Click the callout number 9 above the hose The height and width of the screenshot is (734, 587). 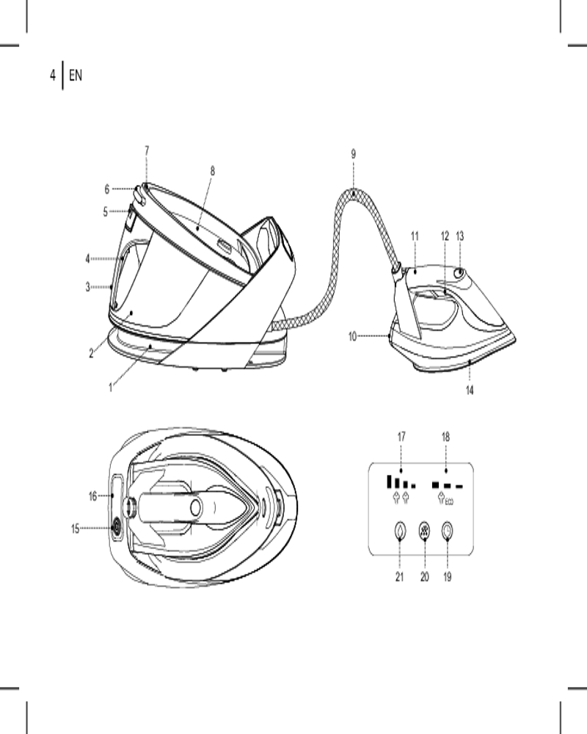click(x=354, y=154)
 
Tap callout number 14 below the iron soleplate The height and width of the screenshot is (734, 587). click(x=470, y=390)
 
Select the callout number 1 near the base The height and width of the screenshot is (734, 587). click(x=111, y=388)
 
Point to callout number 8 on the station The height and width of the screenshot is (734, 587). click(x=213, y=171)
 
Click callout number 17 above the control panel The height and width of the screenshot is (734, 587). click(x=401, y=437)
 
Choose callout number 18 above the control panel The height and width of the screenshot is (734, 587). click(x=445, y=437)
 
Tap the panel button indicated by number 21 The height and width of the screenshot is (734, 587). click(x=399, y=531)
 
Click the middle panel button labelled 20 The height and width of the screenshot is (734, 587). click(x=424, y=531)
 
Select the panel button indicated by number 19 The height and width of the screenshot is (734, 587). click(x=448, y=531)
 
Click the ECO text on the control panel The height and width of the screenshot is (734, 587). click(x=449, y=502)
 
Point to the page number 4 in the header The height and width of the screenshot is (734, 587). click(x=52, y=75)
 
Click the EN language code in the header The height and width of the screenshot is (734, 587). click(x=76, y=75)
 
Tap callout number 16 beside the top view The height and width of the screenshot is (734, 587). click(x=92, y=495)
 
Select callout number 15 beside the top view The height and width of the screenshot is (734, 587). click(x=76, y=529)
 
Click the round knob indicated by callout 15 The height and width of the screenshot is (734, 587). click(x=115, y=528)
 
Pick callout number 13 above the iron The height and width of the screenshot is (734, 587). click(x=459, y=236)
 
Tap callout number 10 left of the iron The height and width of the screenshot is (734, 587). click(x=352, y=337)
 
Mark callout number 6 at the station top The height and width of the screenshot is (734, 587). click(x=106, y=189)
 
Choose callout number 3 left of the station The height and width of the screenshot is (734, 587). click(x=87, y=287)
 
